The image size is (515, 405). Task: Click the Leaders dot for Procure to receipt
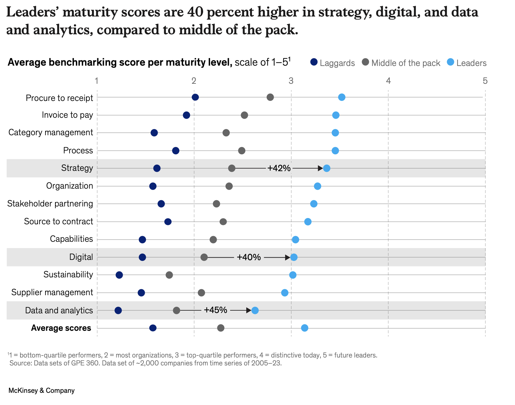point(342,97)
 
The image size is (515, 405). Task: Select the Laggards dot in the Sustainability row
point(119,275)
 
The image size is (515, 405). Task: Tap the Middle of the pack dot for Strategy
point(232,169)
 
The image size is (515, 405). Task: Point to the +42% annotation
point(279,169)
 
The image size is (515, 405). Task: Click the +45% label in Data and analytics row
point(215,310)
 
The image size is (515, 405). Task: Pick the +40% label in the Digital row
point(249,257)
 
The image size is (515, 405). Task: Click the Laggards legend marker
point(314,62)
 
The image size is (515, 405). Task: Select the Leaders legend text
point(471,63)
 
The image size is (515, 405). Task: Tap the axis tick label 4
point(388,81)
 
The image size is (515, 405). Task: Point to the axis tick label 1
point(97,81)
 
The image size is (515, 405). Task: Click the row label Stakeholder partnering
point(50,204)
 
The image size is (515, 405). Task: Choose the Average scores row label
point(61,328)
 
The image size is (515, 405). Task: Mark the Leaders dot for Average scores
point(305,328)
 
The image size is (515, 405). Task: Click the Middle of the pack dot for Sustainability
point(169,275)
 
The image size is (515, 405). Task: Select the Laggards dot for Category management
point(154,133)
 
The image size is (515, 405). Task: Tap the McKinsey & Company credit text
point(42,391)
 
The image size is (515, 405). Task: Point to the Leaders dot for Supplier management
point(285,293)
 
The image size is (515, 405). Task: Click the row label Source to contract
point(58,222)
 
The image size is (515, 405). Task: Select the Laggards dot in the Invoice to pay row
point(186,115)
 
